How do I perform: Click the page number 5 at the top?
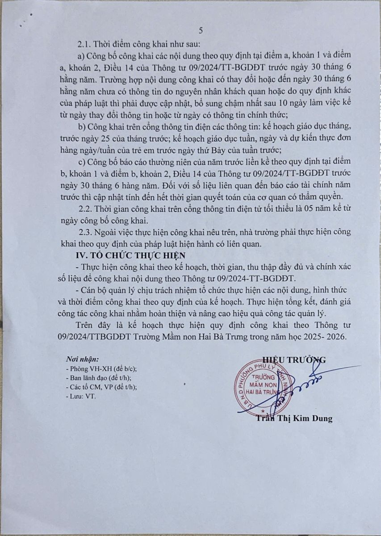click(201, 30)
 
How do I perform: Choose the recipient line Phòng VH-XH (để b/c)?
click(101, 369)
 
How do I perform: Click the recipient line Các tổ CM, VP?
click(101, 387)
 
